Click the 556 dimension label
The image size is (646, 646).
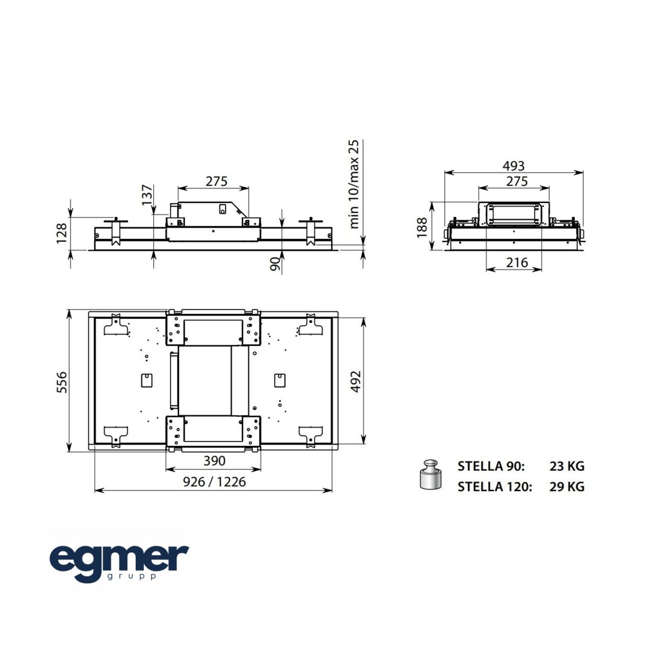pos(62,382)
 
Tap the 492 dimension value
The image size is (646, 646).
pos(355,382)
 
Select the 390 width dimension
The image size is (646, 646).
pos(215,461)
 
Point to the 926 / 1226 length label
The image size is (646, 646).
pos(215,482)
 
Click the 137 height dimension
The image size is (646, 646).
pos(147,195)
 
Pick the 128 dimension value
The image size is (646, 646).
pos(62,233)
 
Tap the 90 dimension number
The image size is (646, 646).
pos(275,264)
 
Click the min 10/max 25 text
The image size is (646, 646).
pos(354,184)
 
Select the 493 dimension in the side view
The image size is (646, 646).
pos(514,166)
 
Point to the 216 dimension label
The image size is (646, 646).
pos(517,263)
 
